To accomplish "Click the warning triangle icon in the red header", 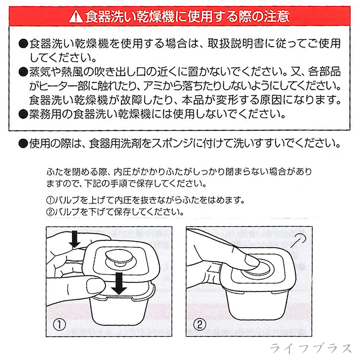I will (76, 18).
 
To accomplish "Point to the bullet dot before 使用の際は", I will (23, 143).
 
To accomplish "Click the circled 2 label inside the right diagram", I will (199, 324).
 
